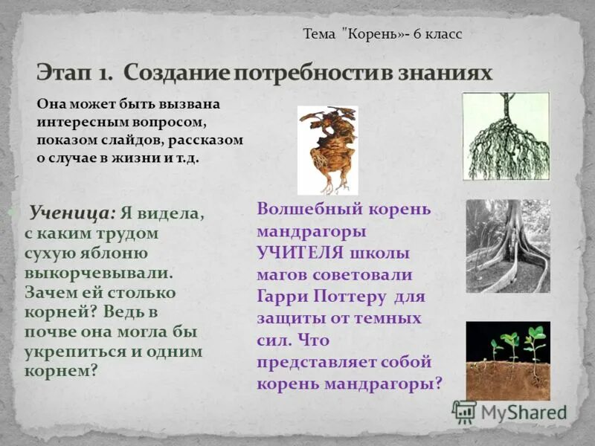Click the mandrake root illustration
[327, 149]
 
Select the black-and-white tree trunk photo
[508, 245]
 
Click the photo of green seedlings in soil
[508, 361]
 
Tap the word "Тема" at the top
[319, 34]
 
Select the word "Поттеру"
[353, 297]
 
